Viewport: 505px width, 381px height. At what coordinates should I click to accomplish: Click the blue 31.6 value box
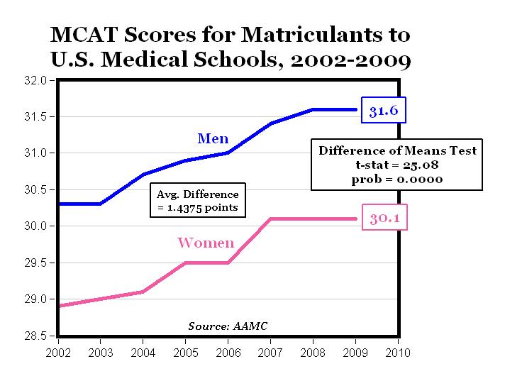pos(384,110)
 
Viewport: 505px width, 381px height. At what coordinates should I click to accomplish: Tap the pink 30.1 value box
pos(385,219)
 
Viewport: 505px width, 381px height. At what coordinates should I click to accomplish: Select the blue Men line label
pos(213,138)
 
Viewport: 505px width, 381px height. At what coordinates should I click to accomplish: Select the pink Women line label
pos(206,243)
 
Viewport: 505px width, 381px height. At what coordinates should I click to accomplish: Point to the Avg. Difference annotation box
pos(198,201)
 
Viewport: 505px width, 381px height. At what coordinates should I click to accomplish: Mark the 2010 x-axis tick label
pos(398,351)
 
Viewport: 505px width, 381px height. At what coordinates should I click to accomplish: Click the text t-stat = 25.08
pos(397,165)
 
